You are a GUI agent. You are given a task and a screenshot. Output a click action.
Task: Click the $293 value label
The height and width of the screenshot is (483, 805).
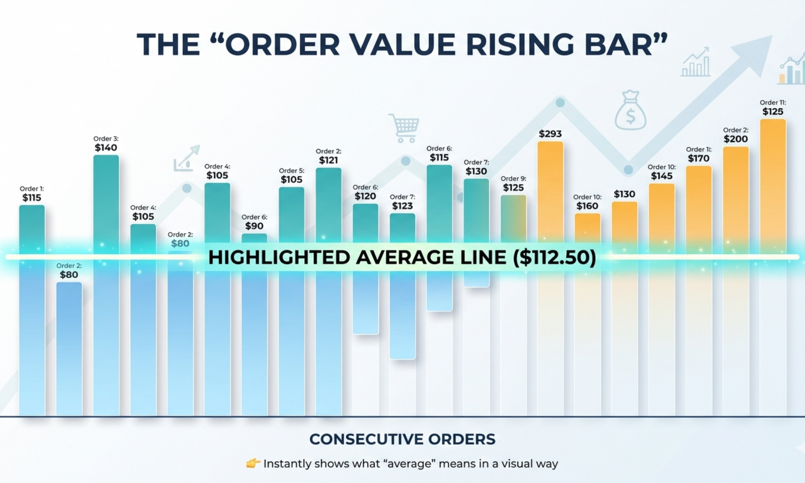tap(550, 134)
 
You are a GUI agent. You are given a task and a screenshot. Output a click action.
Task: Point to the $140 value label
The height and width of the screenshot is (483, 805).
tap(106, 148)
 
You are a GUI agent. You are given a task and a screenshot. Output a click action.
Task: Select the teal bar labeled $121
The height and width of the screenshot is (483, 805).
tap(329, 206)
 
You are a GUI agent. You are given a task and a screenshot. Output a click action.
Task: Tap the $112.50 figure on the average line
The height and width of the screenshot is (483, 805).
tap(554, 258)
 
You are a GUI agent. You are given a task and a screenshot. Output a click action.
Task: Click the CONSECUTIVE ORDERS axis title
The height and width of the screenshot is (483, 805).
tap(402, 439)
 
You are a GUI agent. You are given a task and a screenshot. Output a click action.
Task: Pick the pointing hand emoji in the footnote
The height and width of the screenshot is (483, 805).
tap(253, 463)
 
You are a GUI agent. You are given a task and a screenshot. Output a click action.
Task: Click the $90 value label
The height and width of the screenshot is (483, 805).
tap(254, 226)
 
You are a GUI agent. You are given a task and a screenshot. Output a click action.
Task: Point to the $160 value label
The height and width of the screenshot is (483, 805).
tap(587, 206)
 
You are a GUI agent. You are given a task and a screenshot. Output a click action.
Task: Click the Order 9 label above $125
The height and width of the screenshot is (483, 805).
tap(513, 179)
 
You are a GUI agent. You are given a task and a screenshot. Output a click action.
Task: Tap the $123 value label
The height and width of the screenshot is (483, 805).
tap(402, 206)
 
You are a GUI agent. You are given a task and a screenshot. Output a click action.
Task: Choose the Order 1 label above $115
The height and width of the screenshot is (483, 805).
tap(32, 189)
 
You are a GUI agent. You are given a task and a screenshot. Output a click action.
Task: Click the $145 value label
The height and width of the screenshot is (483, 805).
tap(661, 176)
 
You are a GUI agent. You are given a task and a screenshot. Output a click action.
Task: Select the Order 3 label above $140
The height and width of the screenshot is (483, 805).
tap(106, 139)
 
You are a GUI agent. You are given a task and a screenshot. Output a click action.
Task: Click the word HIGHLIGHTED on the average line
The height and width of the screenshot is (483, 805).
tap(279, 258)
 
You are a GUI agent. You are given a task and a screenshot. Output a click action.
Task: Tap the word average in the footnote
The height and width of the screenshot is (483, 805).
tap(409, 463)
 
